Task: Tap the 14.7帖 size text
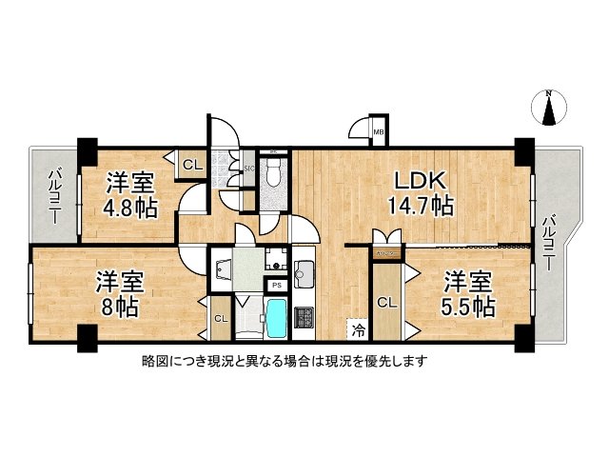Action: point(419,205)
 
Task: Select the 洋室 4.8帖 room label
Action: point(130,181)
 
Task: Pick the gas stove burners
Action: point(306,316)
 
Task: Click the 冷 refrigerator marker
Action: point(358,329)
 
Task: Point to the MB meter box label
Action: point(377,132)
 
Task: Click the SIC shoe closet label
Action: point(249,169)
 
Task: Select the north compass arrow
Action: point(548,108)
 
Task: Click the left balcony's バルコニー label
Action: point(53,195)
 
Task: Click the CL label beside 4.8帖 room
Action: point(191,165)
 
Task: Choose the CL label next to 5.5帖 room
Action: point(386,303)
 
